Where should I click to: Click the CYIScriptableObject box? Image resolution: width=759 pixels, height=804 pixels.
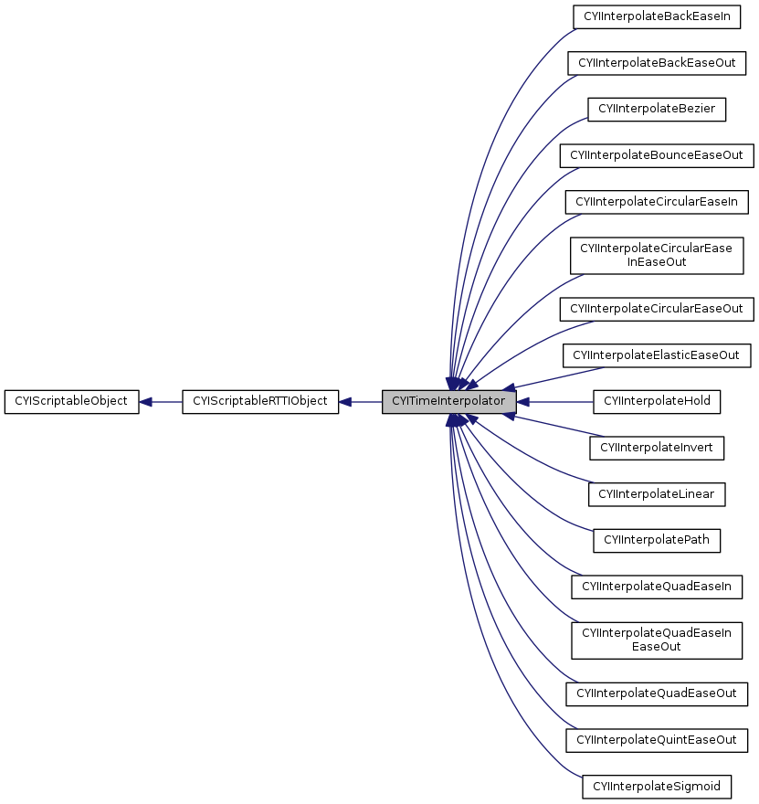pyautogui.click(x=71, y=401)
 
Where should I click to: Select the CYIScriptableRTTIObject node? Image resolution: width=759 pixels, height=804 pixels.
pyautogui.click(x=260, y=401)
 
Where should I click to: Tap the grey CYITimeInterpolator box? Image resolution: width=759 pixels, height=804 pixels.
pyautogui.click(x=448, y=401)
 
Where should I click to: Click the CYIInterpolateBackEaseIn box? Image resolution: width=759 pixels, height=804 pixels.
pyautogui.click(x=657, y=16)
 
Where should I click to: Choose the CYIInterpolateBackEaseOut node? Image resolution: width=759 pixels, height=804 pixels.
pyautogui.click(x=657, y=63)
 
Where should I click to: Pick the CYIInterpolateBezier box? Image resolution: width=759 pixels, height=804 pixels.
pyautogui.click(x=657, y=109)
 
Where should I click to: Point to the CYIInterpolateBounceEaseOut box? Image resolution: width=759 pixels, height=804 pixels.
pyautogui.click(x=657, y=155)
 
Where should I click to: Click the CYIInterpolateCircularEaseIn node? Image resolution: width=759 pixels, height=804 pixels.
pyautogui.click(x=657, y=201)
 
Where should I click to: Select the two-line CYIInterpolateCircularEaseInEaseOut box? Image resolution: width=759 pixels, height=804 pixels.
pyautogui.click(x=657, y=255)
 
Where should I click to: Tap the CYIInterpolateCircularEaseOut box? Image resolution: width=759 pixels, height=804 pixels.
pyautogui.click(x=657, y=309)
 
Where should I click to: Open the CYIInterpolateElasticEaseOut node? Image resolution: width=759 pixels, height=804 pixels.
pyautogui.click(x=657, y=354)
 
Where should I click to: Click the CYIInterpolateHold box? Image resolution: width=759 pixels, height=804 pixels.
pyautogui.click(x=657, y=401)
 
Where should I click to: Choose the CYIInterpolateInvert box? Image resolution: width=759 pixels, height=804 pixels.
pyautogui.click(x=657, y=448)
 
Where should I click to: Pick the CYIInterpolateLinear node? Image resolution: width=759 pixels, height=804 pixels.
pyautogui.click(x=657, y=494)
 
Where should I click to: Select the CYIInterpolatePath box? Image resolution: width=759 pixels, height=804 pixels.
pyautogui.click(x=657, y=540)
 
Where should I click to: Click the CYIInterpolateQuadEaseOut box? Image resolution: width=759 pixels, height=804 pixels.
pyautogui.click(x=657, y=693)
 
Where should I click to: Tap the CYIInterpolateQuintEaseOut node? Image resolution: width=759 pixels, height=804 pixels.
pyautogui.click(x=657, y=738)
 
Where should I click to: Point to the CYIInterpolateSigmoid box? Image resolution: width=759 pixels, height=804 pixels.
pyautogui.click(x=657, y=785)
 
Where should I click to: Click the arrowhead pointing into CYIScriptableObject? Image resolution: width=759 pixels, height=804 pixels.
pyautogui.click(x=146, y=401)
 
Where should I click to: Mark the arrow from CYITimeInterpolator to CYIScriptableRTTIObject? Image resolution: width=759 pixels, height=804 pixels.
pyautogui.click(x=361, y=401)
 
